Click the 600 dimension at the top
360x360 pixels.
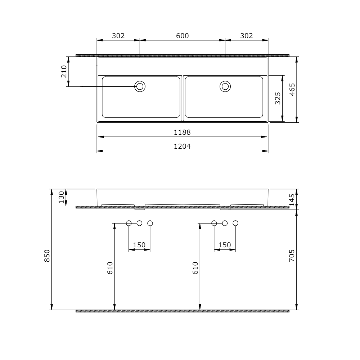point(182,36)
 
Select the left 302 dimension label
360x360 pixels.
point(118,36)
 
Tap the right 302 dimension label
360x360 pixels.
point(246,36)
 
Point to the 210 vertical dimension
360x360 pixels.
point(64,72)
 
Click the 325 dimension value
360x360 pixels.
point(278,98)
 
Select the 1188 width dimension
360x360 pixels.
point(182,132)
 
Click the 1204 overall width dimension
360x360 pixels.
point(182,146)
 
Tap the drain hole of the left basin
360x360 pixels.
point(140,86)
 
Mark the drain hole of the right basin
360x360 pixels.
point(225,86)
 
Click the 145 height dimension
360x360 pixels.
point(292,198)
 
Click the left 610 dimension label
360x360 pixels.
point(110,268)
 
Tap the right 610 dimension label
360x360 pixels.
point(195,268)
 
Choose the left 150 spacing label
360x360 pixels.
point(139,245)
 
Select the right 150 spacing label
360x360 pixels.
point(225,245)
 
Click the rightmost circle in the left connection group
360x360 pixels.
point(150,223)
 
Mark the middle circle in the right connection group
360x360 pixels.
point(225,223)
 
